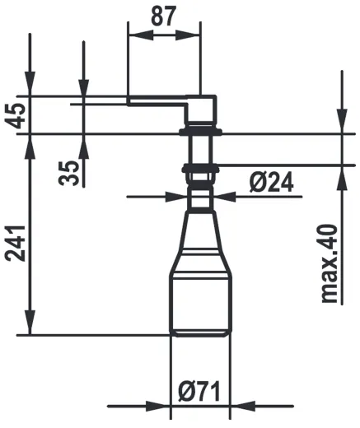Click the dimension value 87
click(x=165, y=16)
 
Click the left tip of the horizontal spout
click(x=130, y=102)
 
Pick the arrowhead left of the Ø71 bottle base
click(x=163, y=407)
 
